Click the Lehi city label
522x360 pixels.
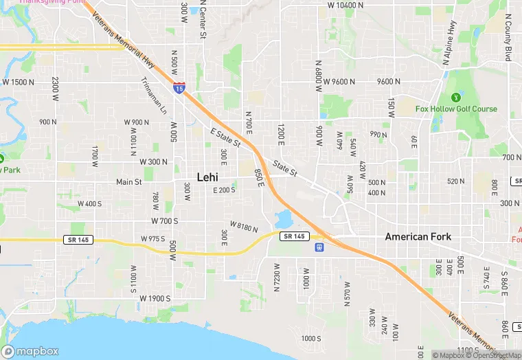[207, 177]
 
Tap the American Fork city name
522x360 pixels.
[418, 237]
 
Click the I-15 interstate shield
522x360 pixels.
[179, 87]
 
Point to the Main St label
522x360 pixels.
[128, 182]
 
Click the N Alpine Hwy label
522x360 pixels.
[451, 42]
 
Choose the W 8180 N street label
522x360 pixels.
[243, 226]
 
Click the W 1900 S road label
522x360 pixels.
[155, 298]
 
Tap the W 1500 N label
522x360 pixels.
[19, 82]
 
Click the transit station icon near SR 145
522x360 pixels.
[319, 247]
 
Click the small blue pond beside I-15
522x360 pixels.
[283, 220]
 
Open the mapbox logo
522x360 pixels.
[30, 350]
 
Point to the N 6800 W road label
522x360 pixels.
[319, 85]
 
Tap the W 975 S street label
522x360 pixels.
[153, 238]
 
